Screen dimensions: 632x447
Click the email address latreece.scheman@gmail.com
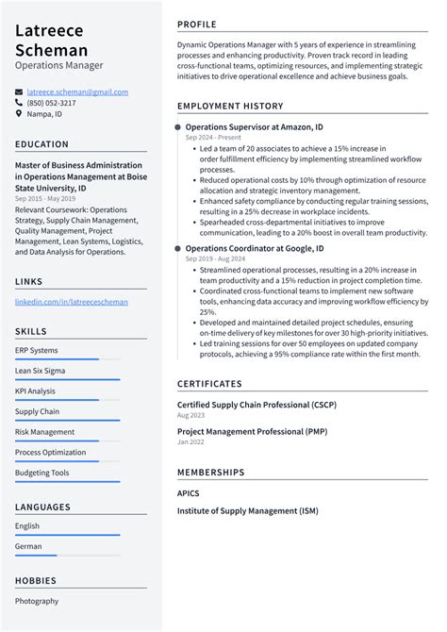tap(77, 91)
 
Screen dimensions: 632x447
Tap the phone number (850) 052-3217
tap(52, 103)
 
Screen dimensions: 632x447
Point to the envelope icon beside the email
tap(19, 91)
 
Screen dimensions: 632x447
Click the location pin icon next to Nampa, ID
tap(19, 114)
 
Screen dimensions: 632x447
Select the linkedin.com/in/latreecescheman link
tap(72, 302)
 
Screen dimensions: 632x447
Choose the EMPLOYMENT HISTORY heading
tap(230, 107)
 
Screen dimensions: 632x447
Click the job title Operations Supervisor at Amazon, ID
tap(254, 126)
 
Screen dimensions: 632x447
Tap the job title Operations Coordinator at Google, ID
tap(255, 248)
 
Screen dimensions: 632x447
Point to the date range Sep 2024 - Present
tap(214, 137)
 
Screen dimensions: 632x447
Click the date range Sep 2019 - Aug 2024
tap(216, 258)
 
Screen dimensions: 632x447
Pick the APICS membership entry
tap(189, 492)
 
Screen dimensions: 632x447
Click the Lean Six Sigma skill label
tap(40, 371)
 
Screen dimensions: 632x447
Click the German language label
tap(28, 546)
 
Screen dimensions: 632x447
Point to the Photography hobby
tap(37, 601)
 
